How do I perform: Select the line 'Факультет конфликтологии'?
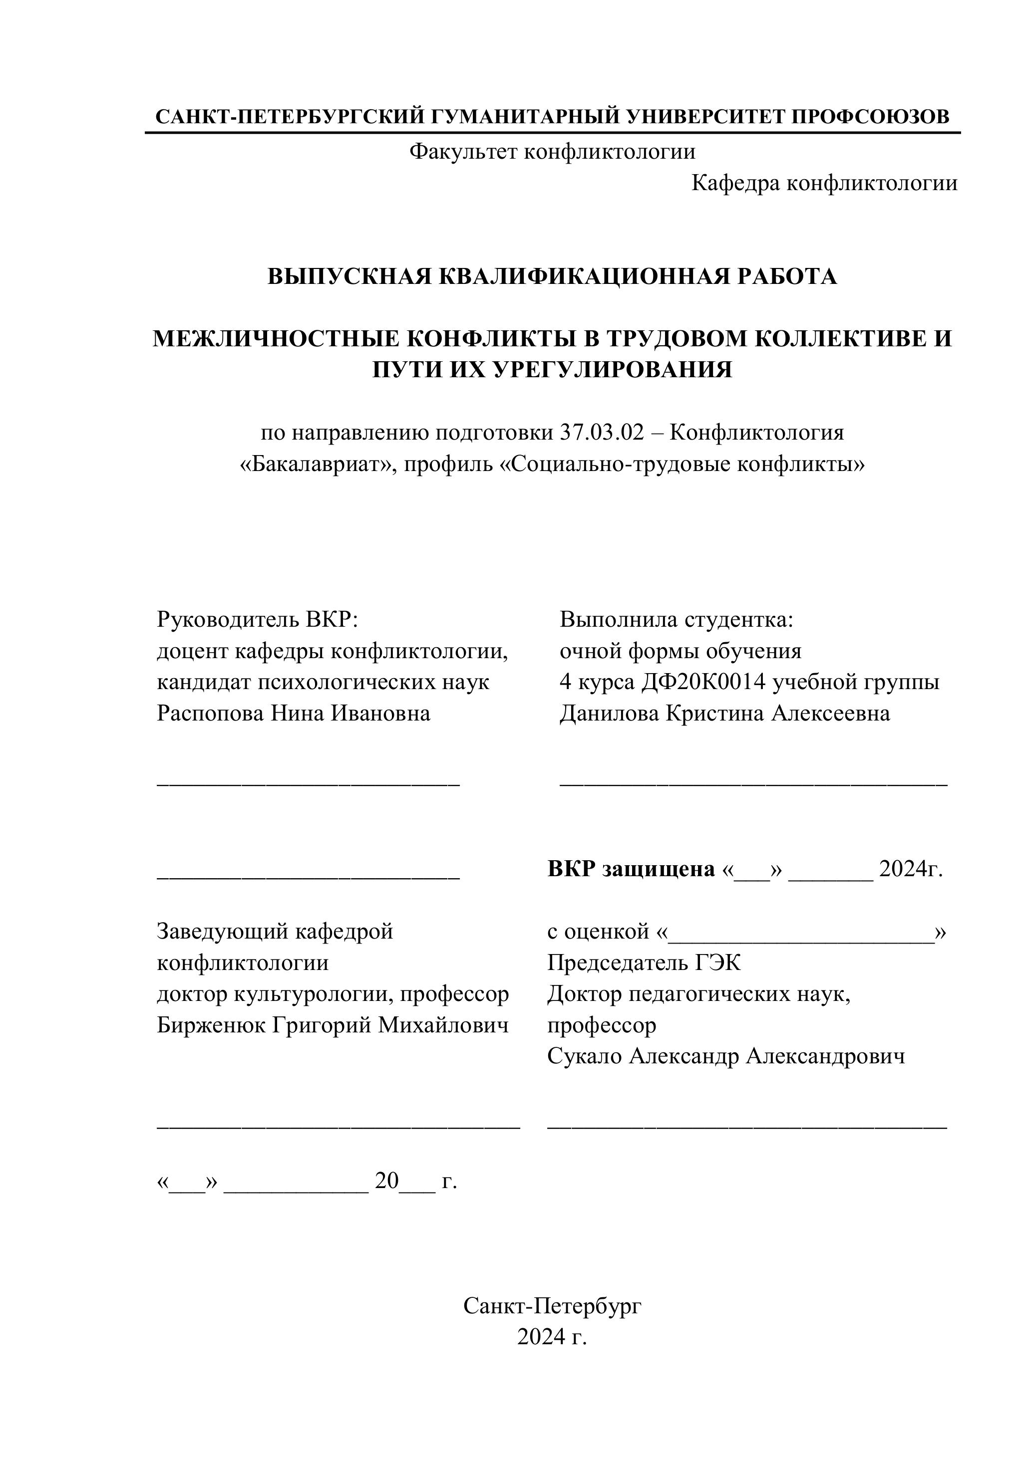(552, 152)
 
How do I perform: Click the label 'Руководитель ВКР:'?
(258, 619)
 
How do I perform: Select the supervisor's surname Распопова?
(209, 713)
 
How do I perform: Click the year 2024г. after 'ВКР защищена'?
(910, 869)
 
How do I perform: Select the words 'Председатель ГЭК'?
(644, 963)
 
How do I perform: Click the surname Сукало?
(584, 1056)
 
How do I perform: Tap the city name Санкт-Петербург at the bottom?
(552, 1306)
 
